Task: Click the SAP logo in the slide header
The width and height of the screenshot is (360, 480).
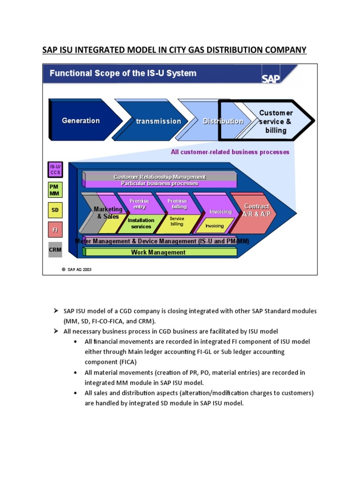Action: (271, 78)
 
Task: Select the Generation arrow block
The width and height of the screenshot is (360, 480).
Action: (81, 120)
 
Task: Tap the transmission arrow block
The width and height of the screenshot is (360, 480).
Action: (158, 121)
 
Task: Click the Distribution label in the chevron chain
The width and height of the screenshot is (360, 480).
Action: (223, 121)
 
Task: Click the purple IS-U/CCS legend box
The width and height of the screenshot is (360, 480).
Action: (55, 170)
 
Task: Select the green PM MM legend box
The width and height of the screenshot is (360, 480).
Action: (55, 190)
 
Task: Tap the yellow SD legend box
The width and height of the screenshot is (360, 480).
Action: (55, 210)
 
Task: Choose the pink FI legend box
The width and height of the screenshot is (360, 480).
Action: (55, 230)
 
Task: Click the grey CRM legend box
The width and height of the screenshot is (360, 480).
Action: (55, 250)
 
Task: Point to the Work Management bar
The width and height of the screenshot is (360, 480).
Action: (158, 252)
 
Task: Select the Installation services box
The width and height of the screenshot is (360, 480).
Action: (141, 224)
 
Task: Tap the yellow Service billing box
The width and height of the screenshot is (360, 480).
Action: (177, 222)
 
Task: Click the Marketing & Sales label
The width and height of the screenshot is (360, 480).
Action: (108, 213)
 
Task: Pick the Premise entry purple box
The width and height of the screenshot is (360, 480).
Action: (139, 204)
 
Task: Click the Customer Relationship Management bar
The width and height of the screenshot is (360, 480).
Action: (159, 177)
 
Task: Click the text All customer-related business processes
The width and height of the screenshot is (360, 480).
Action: (230, 152)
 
